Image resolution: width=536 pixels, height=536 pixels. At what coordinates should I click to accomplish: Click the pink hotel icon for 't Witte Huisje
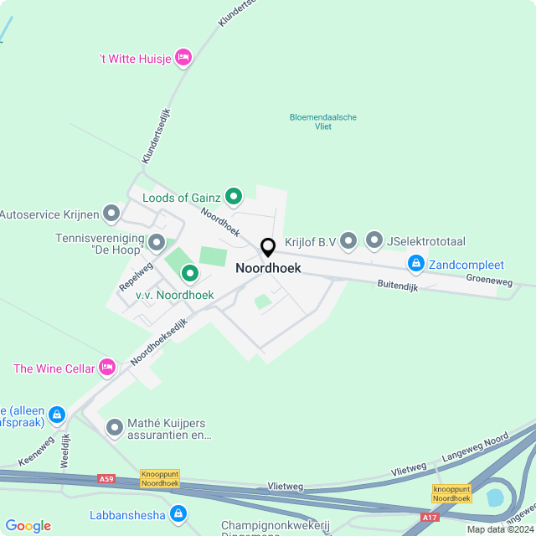click(x=184, y=57)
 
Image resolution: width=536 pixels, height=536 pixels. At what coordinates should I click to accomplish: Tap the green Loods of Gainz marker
click(x=234, y=198)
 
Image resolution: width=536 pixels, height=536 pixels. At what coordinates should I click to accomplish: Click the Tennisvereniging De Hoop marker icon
click(x=157, y=243)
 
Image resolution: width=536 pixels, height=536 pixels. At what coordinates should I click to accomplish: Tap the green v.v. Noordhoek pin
click(x=190, y=273)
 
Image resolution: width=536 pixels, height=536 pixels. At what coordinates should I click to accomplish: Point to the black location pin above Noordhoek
click(x=268, y=248)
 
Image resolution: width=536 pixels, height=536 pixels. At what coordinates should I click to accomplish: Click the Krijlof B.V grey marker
click(x=348, y=242)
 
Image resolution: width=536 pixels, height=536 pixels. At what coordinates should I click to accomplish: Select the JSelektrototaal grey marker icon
click(x=374, y=242)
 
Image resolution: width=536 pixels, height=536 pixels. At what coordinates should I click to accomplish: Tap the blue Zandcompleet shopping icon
click(x=415, y=265)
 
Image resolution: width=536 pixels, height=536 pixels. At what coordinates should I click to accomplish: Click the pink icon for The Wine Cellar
click(x=106, y=367)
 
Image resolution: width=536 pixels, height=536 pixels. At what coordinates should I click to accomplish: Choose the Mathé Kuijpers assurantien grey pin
click(x=115, y=428)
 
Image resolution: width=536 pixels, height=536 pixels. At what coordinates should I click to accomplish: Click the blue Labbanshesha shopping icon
click(x=178, y=514)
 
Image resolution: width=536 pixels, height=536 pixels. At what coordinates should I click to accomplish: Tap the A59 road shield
click(x=106, y=478)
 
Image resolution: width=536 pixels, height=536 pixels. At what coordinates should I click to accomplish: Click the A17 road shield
click(x=429, y=518)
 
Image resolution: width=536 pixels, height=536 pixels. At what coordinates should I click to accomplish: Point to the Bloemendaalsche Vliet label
click(x=323, y=122)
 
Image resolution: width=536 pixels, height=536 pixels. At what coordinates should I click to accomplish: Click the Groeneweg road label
click(x=489, y=281)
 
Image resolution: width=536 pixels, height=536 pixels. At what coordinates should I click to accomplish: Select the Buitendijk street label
click(x=396, y=286)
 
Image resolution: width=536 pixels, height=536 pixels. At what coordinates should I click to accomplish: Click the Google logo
click(x=28, y=526)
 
